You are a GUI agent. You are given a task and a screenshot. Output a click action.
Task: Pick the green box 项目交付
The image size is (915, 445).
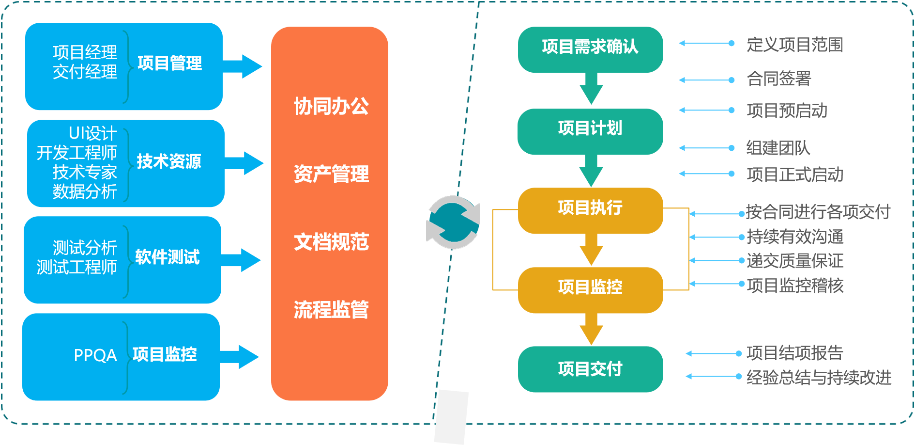click(590, 369)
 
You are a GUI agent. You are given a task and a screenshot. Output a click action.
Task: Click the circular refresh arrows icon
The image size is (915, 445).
click(453, 222)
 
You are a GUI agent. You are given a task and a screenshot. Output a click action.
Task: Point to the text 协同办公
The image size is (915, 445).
click(331, 106)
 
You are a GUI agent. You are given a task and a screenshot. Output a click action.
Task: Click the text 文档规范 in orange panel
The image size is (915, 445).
click(331, 242)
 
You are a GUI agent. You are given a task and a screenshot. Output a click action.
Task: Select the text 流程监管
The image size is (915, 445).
click(331, 309)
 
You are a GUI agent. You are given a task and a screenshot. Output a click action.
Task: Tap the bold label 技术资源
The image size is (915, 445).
click(168, 161)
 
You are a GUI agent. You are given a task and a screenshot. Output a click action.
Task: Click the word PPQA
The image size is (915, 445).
click(95, 355)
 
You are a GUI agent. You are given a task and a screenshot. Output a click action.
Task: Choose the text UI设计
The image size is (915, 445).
click(92, 133)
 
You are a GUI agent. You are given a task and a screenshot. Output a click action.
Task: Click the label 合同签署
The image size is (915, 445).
click(778, 79)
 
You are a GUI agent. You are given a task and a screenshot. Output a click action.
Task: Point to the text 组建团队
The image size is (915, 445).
click(778, 148)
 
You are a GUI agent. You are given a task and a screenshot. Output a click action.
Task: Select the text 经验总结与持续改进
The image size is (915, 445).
click(819, 377)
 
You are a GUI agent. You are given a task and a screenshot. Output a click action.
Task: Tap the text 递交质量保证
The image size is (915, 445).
click(795, 261)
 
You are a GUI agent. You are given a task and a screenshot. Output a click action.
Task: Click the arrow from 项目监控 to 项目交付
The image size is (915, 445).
click(591, 330)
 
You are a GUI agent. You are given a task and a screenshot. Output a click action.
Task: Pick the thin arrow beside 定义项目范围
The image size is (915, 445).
click(707, 44)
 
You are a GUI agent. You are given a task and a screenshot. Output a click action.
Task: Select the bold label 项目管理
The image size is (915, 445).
click(169, 63)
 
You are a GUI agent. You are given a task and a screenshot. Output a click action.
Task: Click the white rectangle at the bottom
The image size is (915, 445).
click(451, 417)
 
